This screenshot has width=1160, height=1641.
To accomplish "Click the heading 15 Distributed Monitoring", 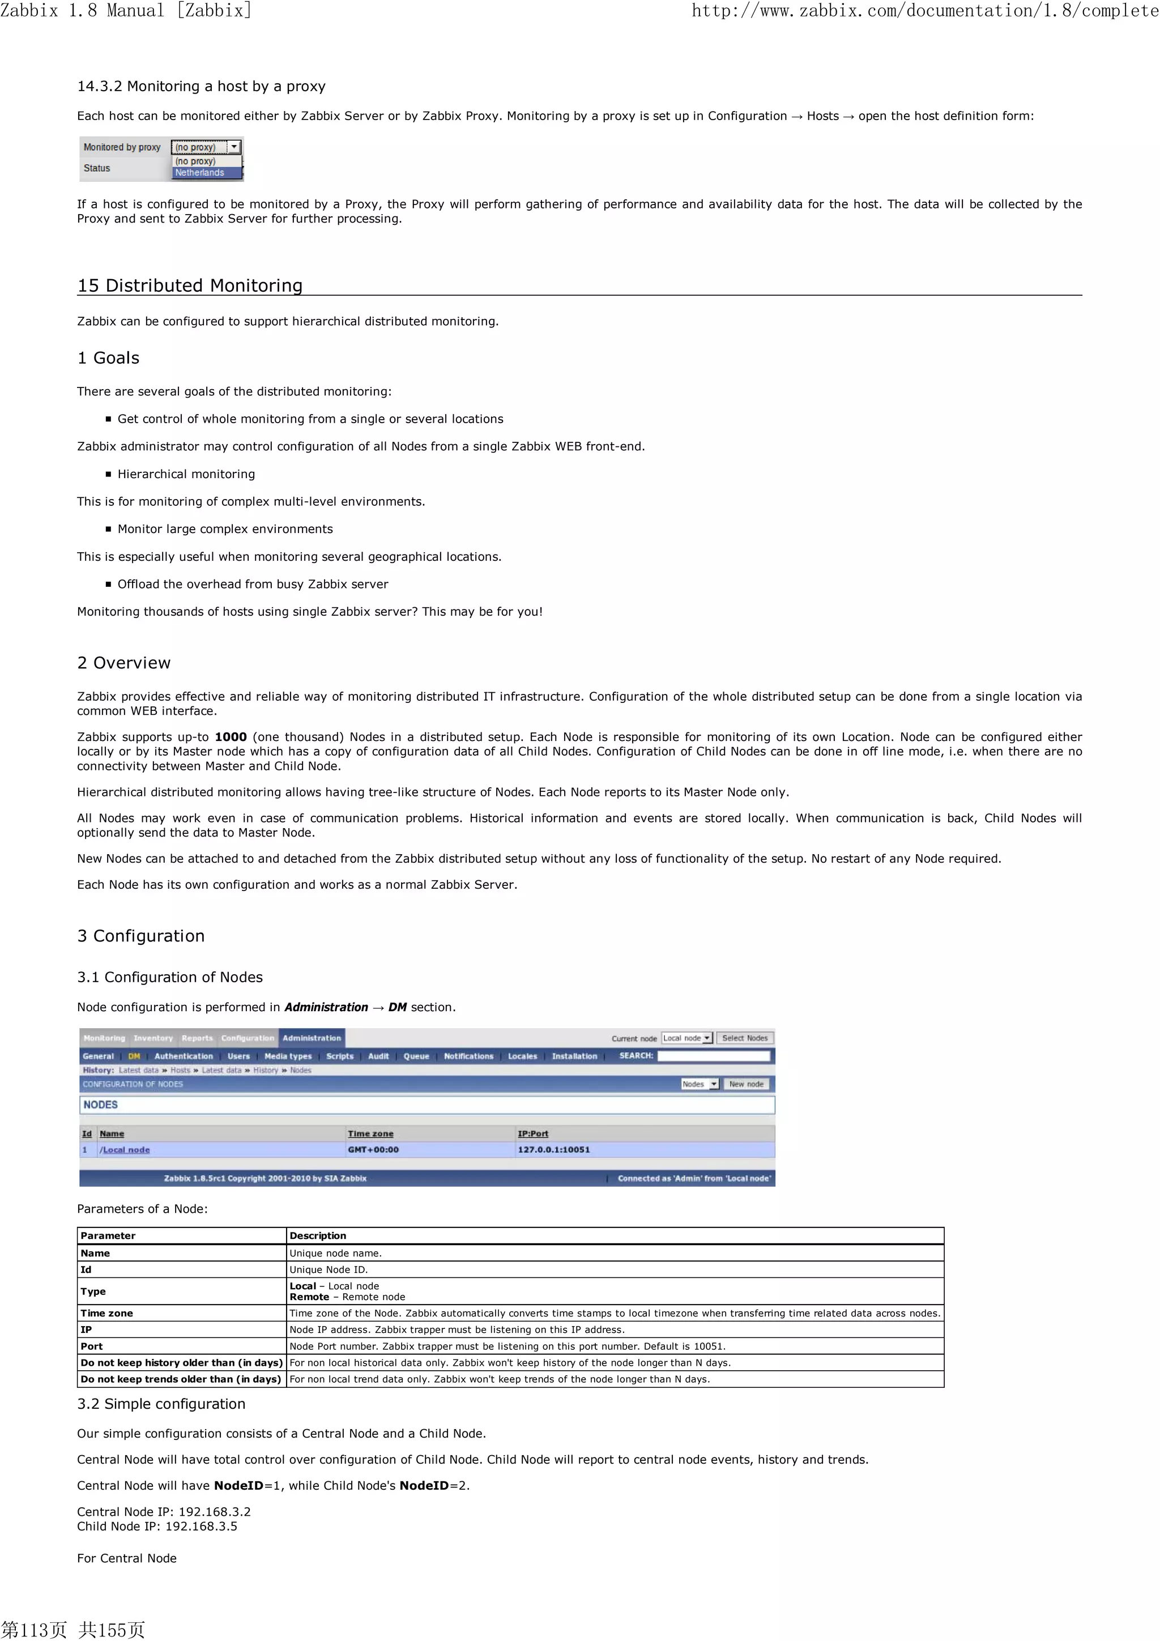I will click(189, 286).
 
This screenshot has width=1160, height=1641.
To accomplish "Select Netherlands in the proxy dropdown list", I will click(200, 173).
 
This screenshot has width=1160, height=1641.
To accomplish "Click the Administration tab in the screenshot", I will click(312, 1038).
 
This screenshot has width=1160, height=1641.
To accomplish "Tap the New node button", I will click(746, 1084).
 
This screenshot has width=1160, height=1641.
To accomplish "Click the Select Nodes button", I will click(745, 1038).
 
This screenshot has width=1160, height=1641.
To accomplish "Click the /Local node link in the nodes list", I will click(125, 1149).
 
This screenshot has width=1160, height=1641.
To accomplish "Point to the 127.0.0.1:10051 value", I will click(554, 1149).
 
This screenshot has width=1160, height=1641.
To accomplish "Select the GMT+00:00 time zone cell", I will click(373, 1149).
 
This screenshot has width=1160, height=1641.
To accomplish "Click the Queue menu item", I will click(416, 1056).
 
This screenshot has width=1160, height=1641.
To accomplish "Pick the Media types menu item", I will click(288, 1056).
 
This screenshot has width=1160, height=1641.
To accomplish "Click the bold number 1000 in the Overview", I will click(231, 737).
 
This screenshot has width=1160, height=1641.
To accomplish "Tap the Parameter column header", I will click(108, 1236).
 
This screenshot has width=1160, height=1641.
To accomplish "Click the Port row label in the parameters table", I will click(92, 1346).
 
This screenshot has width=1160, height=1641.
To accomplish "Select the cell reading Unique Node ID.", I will click(329, 1269).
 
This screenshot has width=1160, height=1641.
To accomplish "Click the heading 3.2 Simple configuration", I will click(161, 1404).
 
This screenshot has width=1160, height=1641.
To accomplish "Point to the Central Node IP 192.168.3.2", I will click(215, 1512).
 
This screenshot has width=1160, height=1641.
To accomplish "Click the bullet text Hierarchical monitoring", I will click(186, 474).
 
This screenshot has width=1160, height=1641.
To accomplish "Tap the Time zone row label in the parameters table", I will click(106, 1313).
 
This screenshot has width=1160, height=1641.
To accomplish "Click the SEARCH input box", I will click(713, 1056).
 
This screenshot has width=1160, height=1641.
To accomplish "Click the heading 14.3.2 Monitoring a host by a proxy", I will click(201, 87).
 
